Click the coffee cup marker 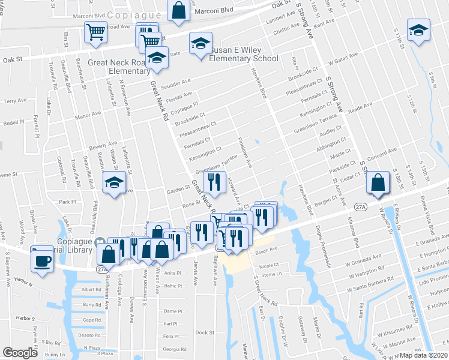(43, 259)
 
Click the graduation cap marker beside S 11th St (419, 29)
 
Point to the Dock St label (205, 332)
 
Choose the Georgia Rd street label (175, 349)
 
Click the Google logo (20, 353)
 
